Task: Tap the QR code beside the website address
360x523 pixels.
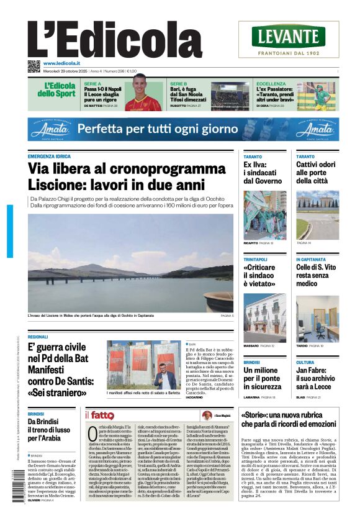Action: coord(34,66)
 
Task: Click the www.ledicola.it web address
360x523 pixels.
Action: coord(65,63)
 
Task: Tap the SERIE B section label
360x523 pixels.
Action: coord(179,83)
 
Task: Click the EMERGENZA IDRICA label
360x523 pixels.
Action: coord(50,156)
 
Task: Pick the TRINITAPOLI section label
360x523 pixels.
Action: coord(256,259)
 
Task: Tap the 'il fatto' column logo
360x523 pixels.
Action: coord(99,415)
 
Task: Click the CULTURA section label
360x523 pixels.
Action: coord(305,362)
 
